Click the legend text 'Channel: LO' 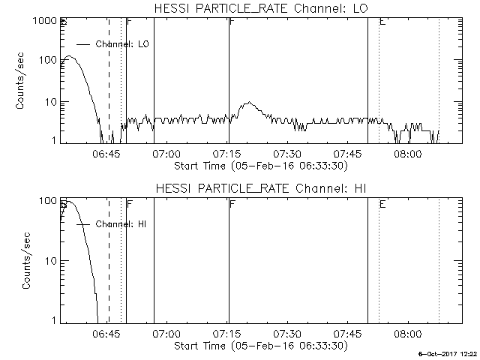(x=123, y=44)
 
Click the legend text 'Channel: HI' (x=120, y=224)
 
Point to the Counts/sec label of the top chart (x=22, y=82)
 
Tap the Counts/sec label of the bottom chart (x=28, y=261)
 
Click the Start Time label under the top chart (x=259, y=166)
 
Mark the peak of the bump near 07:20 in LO (x=249, y=103)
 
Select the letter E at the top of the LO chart (x=382, y=22)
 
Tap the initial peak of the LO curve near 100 (x=69, y=56)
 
